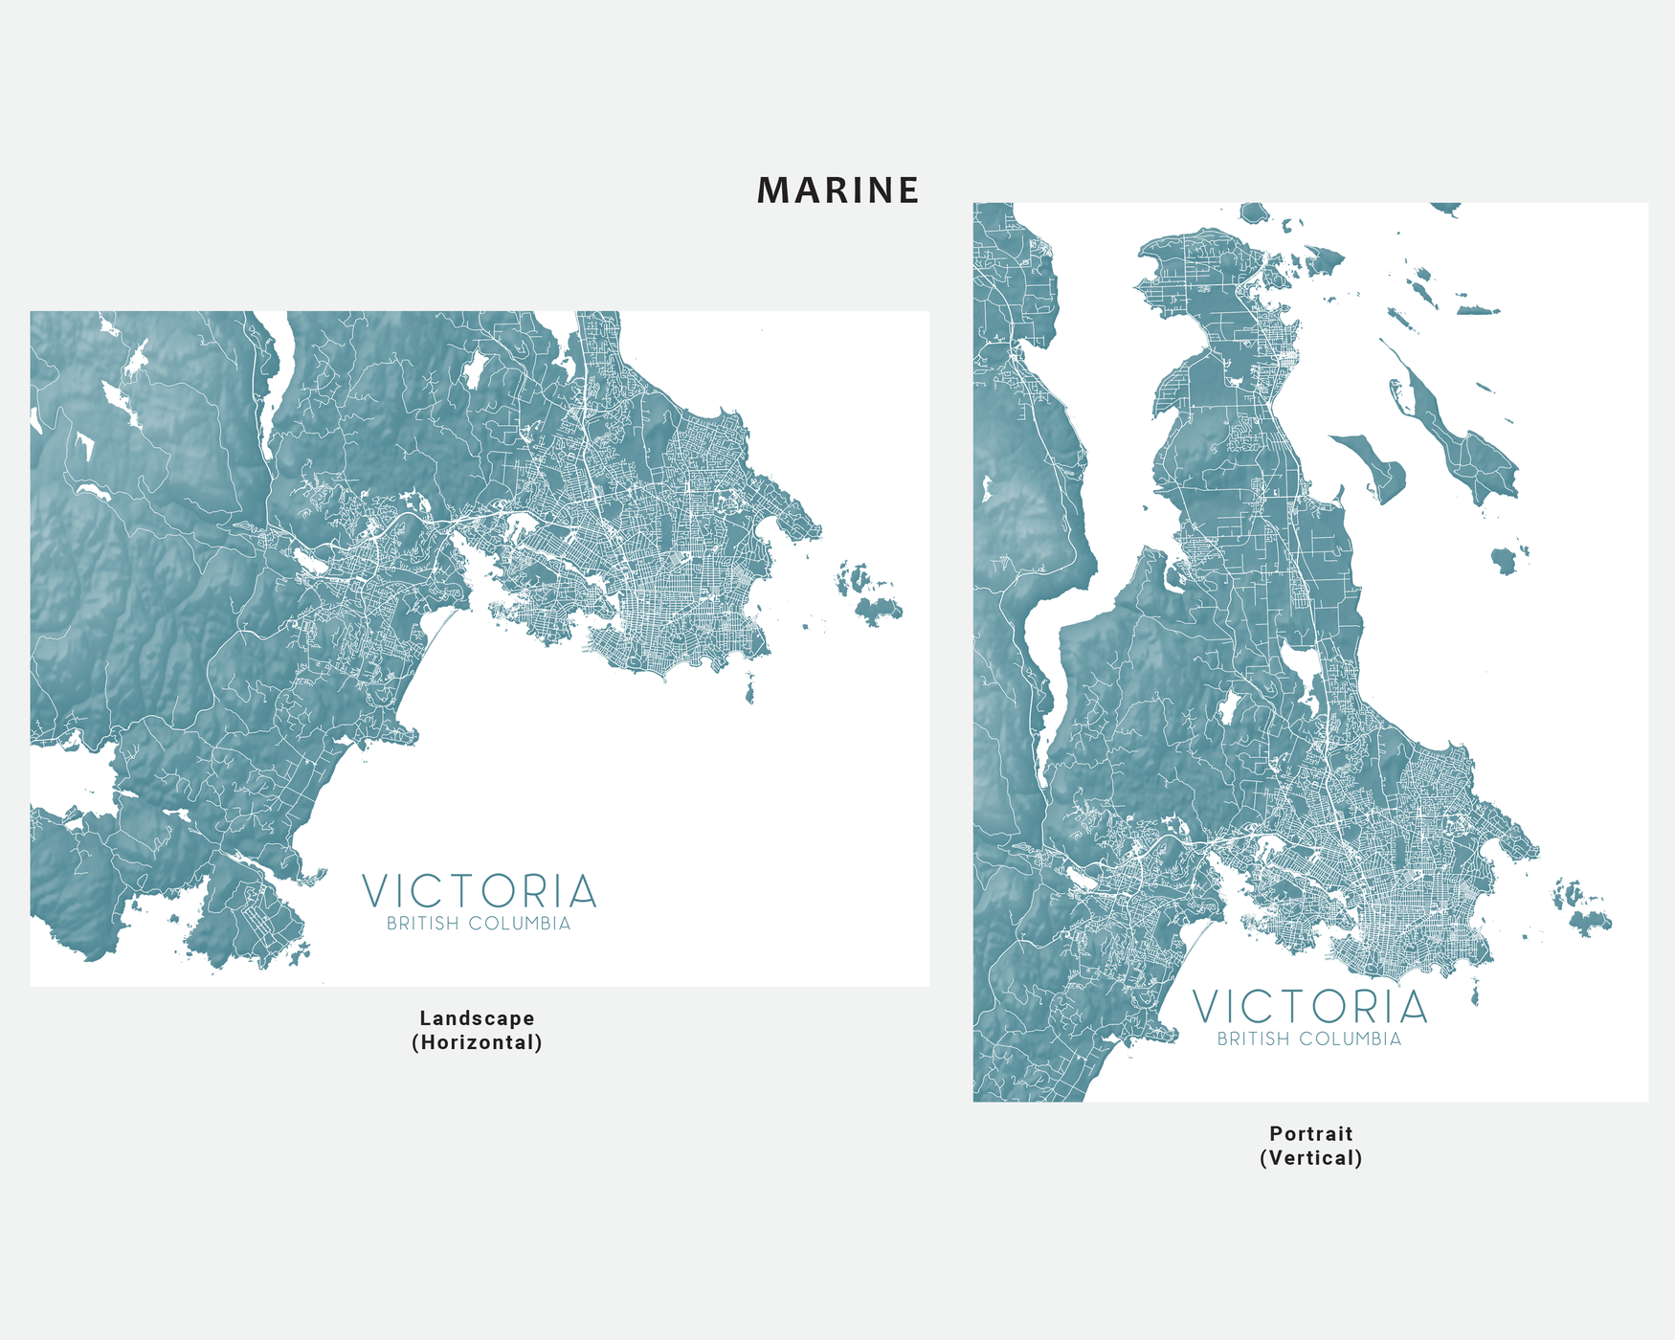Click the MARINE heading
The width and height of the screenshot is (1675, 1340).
pyautogui.click(x=837, y=190)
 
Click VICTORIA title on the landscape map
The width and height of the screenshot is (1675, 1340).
pyautogui.click(x=480, y=892)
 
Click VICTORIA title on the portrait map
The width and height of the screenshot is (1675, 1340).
pyautogui.click(x=1309, y=1007)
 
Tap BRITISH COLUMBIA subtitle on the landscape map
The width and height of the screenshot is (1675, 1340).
pyautogui.click(x=479, y=924)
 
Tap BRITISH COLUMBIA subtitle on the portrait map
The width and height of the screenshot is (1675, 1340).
pyautogui.click(x=1308, y=1038)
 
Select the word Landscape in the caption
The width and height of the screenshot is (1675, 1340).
pyautogui.click(x=477, y=1018)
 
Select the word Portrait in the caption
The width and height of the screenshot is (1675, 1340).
pyautogui.click(x=1310, y=1133)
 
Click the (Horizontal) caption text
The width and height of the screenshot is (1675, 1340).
pyautogui.click(x=477, y=1042)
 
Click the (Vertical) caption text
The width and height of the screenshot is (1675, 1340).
pyautogui.click(x=1310, y=1158)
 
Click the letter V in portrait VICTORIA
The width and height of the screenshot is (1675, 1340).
pyautogui.click(x=1208, y=1007)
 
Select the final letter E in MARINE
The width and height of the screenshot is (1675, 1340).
pyautogui.click(x=908, y=190)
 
